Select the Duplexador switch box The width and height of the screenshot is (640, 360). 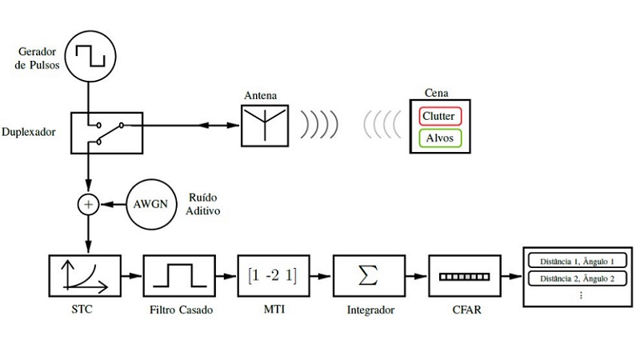point(106,131)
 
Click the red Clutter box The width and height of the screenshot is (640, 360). point(440,116)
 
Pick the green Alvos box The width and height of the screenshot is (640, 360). point(440,138)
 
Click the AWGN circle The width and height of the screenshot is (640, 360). point(150,204)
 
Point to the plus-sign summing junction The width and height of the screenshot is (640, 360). point(87,205)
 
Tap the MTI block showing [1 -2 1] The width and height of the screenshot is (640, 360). point(273,277)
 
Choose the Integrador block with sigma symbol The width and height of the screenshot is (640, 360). point(368,277)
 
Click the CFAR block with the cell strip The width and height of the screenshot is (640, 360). point(463,277)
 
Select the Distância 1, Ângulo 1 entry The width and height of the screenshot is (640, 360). point(571,262)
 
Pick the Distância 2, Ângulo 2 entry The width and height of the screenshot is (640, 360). point(571,278)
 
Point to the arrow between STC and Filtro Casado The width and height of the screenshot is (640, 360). point(131,277)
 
